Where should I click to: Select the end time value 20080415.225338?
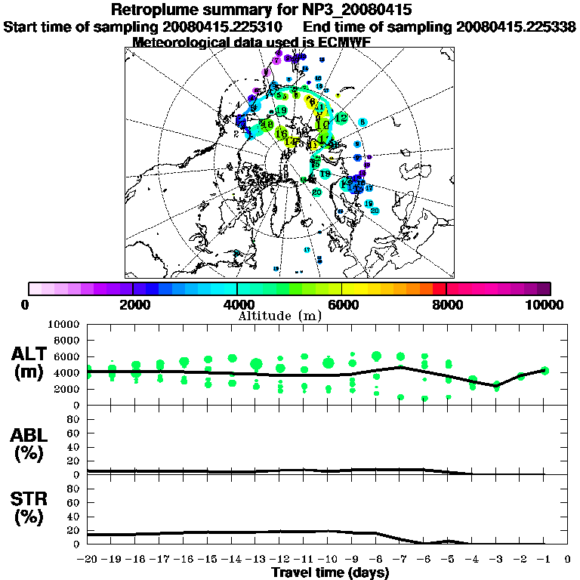[517, 26]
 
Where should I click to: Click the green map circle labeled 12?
[341, 119]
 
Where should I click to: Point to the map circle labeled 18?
[267, 124]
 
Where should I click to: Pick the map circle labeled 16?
[282, 134]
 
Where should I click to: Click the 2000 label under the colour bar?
[131, 305]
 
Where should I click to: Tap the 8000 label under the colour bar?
[446, 305]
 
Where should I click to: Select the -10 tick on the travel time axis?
[327, 560]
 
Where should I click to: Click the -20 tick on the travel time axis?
[86, 560]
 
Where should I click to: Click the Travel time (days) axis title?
[330, 572]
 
